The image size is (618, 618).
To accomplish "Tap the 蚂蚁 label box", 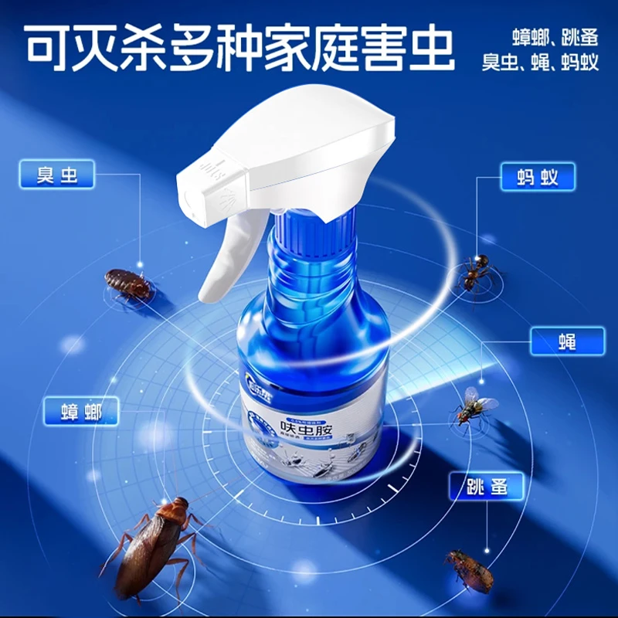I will pyautogui.click(x=539, y=178).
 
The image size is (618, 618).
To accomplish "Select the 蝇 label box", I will pyautogui.click(x=567, y=341).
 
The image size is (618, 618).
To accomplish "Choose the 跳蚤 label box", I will pyautogui.click(x=487, y=486).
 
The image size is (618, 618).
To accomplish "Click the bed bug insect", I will pyautogui.click(x=128, y=284).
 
